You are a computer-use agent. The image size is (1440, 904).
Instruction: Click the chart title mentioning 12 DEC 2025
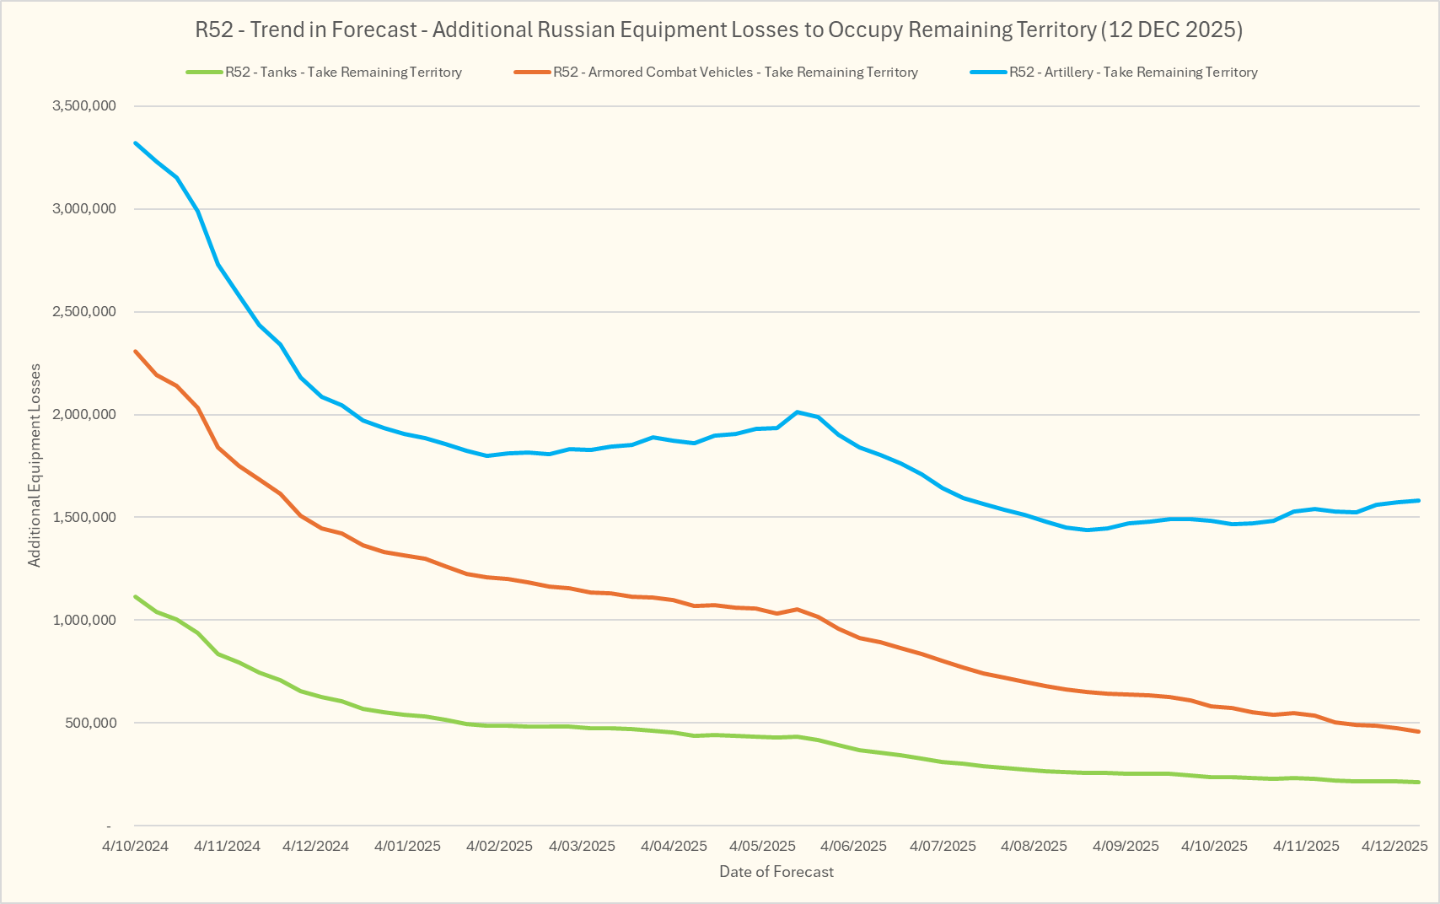tap(718, 30)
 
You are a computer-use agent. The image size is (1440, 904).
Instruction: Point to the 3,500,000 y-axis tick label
tap(84, 106)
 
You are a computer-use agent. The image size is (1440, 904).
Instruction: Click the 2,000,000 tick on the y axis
tap(84, 415)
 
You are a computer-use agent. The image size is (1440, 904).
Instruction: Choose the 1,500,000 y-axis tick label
tap(84, 518)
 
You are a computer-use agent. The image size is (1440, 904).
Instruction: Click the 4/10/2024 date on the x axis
tap(136, 846)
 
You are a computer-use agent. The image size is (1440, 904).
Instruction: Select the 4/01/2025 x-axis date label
tap(407, 846)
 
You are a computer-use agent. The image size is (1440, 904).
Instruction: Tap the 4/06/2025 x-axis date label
tap(853, 846)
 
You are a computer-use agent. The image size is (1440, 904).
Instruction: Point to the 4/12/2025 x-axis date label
tap(1394, 846)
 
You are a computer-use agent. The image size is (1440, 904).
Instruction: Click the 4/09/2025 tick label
tap(1126, 846)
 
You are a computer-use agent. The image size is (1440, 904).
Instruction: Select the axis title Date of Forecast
tap(776, 872)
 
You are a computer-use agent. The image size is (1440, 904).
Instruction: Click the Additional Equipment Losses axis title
tap(35, 465)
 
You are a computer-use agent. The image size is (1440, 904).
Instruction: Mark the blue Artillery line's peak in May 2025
tap(798, 412)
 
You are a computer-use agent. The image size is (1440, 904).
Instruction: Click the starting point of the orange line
tap(136, 352)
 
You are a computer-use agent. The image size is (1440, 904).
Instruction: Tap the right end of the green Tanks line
tap(1419, 783)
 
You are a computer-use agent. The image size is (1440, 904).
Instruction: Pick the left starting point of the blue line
tap(136, 143)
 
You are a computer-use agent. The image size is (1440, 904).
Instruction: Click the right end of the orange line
tap(1419, 732)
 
